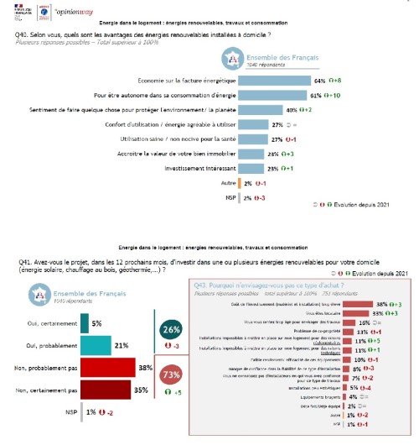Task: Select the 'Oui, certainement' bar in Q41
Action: click(x=84, y=322)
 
